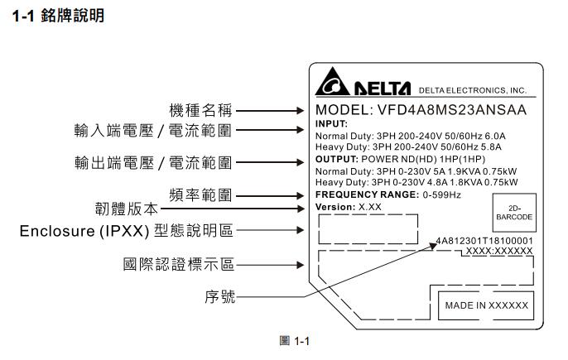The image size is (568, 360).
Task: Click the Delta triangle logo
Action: point(333,84)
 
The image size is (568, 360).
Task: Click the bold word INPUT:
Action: point(332,123)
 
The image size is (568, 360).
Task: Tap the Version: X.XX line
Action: point(349,206)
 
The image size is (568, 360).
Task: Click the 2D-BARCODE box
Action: point(514,212)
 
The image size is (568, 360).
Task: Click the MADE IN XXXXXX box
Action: point(486,305)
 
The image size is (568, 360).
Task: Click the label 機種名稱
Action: point(200,109)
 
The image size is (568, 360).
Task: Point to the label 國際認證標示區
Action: point(178,265)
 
